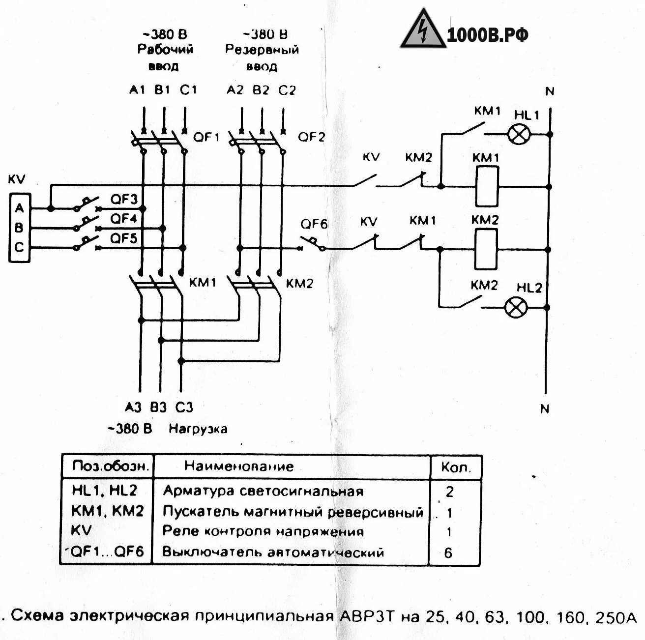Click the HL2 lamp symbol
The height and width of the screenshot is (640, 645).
point(516,308)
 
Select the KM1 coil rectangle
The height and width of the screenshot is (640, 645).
point(487,186)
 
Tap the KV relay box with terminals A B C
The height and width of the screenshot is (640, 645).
point(19,228)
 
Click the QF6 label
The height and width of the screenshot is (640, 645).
point(314,224)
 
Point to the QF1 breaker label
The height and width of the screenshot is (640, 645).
point(206,137)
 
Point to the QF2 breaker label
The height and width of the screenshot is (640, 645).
point(312,137)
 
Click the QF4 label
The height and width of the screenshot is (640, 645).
point(124,218)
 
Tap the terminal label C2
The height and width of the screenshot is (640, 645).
point(287,90)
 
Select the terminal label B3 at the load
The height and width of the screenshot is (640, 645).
point(158,407)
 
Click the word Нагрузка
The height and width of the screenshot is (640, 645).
point(198,429)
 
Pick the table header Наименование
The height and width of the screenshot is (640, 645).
point(239,466)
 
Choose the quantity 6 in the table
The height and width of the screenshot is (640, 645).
point(448,553)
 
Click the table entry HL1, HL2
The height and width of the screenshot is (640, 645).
point(104,491)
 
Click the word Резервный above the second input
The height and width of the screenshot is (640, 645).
point(262,50)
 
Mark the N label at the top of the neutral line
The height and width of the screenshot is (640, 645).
point(550,91)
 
